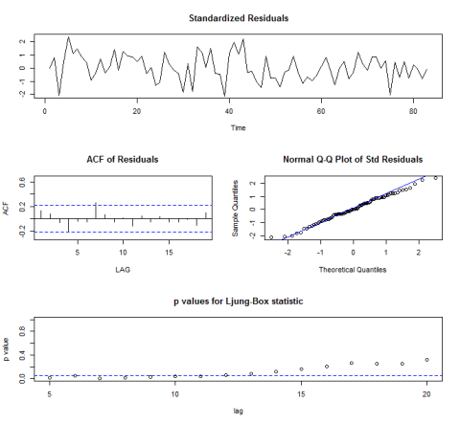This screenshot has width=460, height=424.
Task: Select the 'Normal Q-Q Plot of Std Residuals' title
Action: (x=341, y=159)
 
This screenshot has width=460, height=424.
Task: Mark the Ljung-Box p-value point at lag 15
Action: (x=301, y=368)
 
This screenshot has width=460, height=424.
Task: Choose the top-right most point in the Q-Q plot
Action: (x=435, y=178)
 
